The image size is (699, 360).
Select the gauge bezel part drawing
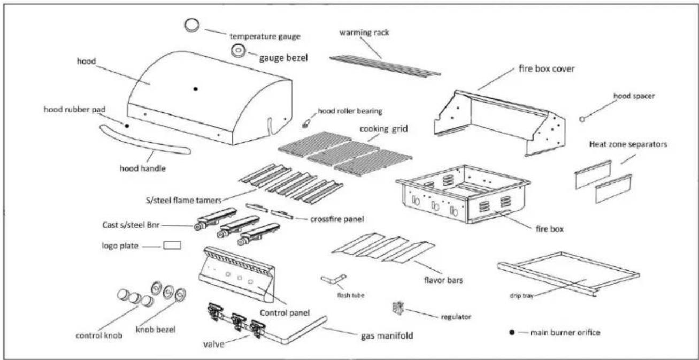point(239,51)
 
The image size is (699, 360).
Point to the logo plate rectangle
point(172,246)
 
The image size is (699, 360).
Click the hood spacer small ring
point(582,119)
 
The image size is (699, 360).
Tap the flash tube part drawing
point(334,279)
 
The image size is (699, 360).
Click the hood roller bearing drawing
point(306,124)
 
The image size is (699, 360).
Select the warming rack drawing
point(385,66)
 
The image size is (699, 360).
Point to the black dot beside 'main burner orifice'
point(512,332)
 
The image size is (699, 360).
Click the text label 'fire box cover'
point(547,68)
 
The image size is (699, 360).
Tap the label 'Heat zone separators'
point(628,144)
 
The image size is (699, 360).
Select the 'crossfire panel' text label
point(337,219)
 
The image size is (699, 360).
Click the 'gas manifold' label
point(387,336)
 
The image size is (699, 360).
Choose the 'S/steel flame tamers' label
point(183,200)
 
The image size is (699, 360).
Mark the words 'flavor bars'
point(443,280)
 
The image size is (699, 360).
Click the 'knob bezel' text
point(156,330)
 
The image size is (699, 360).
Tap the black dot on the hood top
point(196,89)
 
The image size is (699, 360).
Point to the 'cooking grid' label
point(383,129)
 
